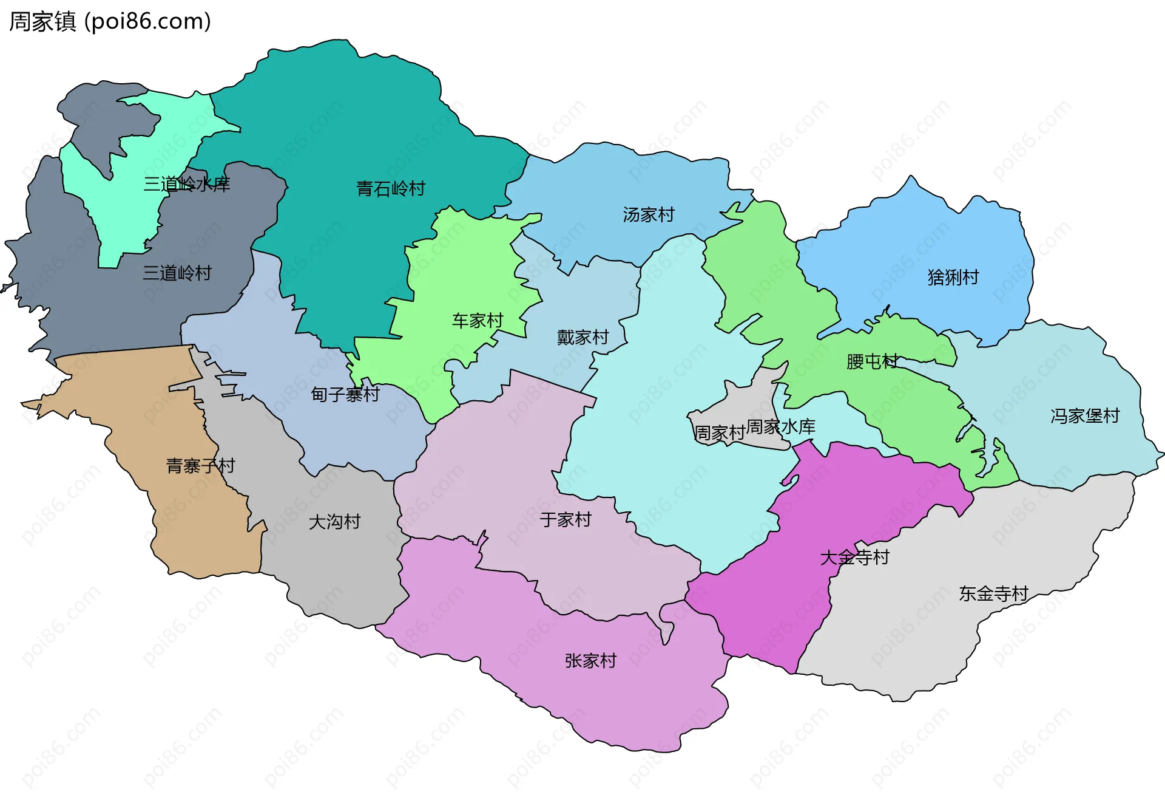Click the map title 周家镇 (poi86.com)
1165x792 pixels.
coord(110,21)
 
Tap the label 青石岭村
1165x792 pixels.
coord(391,189)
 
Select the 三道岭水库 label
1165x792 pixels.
coord(186,184)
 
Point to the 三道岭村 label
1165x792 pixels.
coord(177,273)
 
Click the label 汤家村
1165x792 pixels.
coord(648,215)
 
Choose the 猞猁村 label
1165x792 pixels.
coord(953,278)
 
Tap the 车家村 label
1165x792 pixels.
coord(478,321)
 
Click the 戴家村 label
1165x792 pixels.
coord(582,338)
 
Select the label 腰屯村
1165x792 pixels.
coord(872,362)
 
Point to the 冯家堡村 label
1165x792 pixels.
coord(1084,416)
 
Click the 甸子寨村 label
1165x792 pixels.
coord(345,395)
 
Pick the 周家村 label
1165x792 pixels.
coord(719,433)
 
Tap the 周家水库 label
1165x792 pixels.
coord(781,427)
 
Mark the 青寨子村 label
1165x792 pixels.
coord(200,466)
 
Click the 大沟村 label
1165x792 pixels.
coord(334,522)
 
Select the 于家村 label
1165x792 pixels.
coord(565,520)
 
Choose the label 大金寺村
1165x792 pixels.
coord(854,558)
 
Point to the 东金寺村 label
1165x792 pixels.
coord(993,594)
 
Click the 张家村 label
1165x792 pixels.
coord(590,661)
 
